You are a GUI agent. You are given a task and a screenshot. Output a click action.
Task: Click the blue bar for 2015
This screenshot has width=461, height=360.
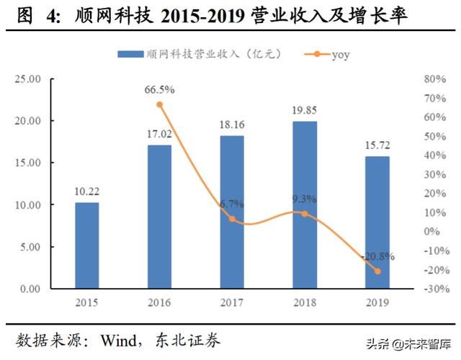coord(86,246)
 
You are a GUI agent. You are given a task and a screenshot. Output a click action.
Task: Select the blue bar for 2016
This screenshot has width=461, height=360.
coord(159,217)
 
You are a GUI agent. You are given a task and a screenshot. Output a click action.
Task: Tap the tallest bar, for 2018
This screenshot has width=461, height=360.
coord(305,205)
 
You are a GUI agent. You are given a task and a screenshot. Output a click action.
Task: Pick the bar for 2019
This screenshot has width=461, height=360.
coord(377,222)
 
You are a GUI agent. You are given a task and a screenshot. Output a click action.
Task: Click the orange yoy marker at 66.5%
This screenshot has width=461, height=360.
coord(159,104)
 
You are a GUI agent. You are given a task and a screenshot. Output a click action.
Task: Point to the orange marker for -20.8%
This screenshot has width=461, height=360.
coord(377,271)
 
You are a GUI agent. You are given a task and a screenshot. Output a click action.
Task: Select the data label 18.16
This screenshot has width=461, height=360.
coord(232,125)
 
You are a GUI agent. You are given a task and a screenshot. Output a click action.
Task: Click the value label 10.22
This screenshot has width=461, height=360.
coord(86,192)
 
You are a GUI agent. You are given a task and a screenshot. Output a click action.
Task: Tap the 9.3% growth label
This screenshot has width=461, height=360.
coord(305,199)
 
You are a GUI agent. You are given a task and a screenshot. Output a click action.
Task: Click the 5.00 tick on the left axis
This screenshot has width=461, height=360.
coord(32,247)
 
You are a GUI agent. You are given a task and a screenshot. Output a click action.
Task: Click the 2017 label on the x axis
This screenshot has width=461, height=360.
coord(232,303)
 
